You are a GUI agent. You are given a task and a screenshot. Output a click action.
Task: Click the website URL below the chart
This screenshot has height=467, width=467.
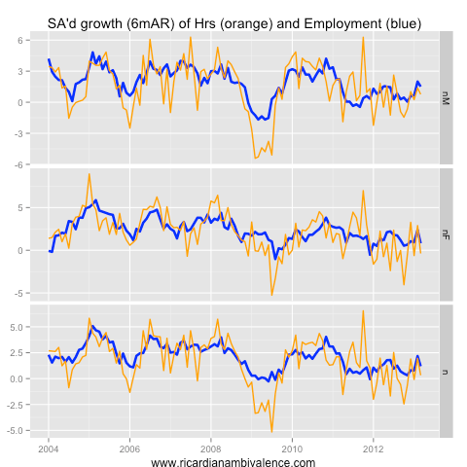(233, 462)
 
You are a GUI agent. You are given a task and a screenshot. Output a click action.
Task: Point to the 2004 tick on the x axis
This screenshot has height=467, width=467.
(49, 449)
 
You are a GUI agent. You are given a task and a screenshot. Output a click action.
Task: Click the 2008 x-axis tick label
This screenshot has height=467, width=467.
(210, 449)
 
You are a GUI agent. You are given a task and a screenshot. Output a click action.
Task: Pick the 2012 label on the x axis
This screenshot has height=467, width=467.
(373, 449)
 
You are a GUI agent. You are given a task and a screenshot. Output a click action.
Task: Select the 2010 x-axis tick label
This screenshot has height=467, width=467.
(291, 449)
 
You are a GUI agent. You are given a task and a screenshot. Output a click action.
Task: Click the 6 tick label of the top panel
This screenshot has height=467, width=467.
(33, 40)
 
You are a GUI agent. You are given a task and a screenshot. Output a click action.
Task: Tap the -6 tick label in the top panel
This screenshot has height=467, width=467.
(31, 164)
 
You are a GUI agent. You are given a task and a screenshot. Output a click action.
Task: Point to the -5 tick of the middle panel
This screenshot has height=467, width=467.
(31, 293)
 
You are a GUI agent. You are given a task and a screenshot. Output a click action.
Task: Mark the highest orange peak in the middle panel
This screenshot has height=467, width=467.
(90, 174)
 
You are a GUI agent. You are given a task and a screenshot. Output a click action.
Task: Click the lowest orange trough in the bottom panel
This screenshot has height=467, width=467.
(271, 431)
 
